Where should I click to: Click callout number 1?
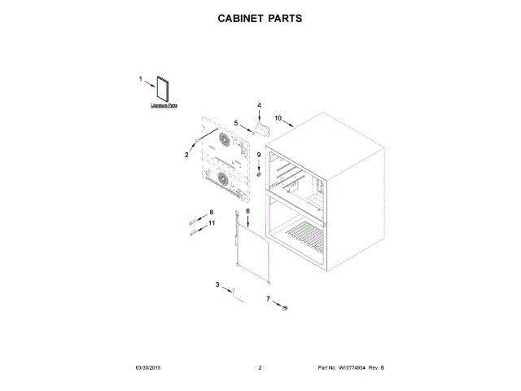(x=140, y=79)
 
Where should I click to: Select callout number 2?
(x=186, y=155)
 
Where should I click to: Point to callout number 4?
(x=259, y=105)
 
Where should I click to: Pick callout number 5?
(x=236, y=122)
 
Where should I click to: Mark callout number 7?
(x=268, y=299)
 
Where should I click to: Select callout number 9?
(x=260, y=154)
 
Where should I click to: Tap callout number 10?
(x=278, y=118)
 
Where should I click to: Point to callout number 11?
(x=212, y=222)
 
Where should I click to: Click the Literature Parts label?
(x=164, y=106)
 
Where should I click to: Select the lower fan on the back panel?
(x=222, y=178)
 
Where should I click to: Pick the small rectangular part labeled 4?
(x=264, y=126)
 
